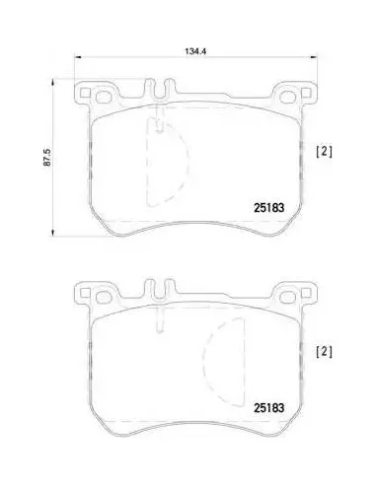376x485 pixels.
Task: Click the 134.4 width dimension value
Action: click(x=195, y=51)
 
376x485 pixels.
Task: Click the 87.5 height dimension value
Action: click(x=48, y=157)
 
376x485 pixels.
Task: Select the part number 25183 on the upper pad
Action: click(x=268, y=208)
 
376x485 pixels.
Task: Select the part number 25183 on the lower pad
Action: click(x=268, y=408)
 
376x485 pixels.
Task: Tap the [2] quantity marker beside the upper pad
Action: click(x=324, y=152)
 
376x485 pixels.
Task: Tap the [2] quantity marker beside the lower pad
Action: click(x=324, y=352)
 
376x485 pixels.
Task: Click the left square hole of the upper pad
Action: click(x=85, y=93)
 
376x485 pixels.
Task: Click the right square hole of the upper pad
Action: click(x=306, y=93)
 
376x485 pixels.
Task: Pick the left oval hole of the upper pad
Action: click(x=103, y=97)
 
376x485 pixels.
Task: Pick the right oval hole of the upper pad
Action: click(x=287, y=97)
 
